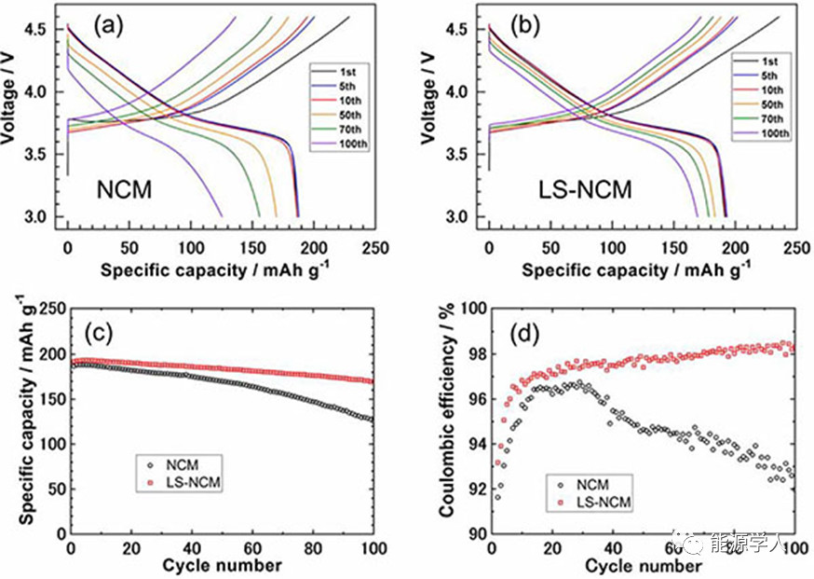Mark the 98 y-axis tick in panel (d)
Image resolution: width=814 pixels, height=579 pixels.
click(x=471, y=353)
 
